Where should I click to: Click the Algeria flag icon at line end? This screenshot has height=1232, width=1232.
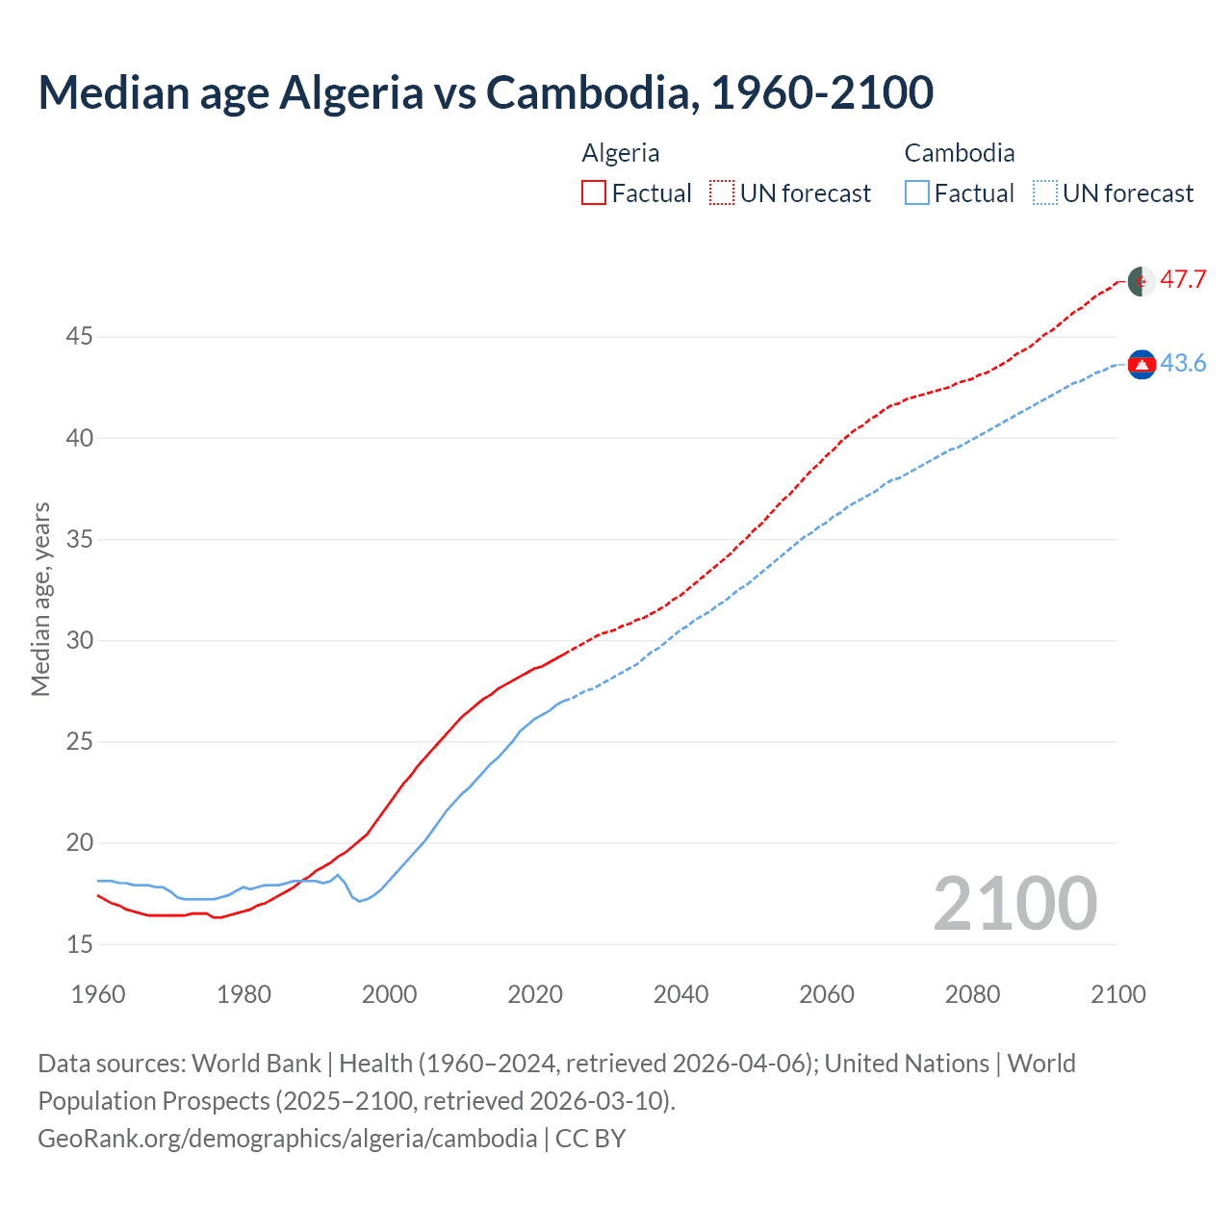(1142, 282)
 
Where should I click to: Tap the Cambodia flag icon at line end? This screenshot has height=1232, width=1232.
(1142, 364)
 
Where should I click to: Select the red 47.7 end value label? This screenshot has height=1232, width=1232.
(1183, 280)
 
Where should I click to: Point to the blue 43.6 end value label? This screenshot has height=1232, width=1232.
(1183, 364)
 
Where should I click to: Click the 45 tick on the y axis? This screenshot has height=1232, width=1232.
(79, 337)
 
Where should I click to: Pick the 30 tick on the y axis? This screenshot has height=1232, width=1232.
(79, 641)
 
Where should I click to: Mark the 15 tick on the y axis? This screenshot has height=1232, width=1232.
(79, 945)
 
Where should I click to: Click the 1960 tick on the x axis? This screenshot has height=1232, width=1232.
(98, 995)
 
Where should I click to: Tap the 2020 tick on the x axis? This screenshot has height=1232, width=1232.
(535, 995)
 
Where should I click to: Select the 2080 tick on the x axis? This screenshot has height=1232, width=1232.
(972, 995)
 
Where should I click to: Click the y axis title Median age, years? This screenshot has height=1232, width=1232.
(40, 599)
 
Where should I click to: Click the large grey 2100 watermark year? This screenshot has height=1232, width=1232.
(1014, 904)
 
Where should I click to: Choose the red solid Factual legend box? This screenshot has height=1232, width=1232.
(594, 193)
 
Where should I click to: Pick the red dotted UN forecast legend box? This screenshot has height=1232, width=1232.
(722, 193)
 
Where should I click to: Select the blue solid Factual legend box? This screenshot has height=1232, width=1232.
(917, 193)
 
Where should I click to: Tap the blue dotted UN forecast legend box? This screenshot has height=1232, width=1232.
(1045, 193)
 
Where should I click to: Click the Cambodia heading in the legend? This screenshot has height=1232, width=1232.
(959, 153)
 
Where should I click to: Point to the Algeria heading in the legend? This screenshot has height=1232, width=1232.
(621, 153)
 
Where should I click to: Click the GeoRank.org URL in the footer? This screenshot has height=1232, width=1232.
(287, 1139)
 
